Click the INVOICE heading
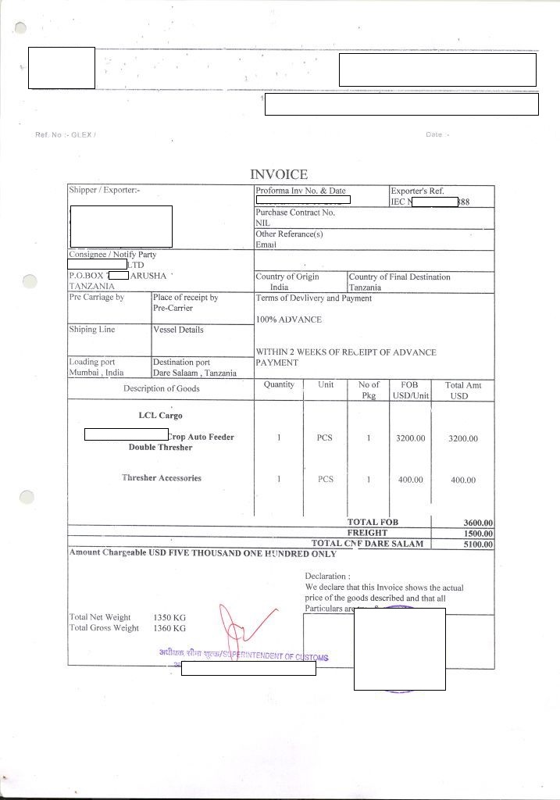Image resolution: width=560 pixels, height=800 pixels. pyautogui.click(x=279, y=174)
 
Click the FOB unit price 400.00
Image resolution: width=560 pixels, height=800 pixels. pyautogui.click(x=410, y=480)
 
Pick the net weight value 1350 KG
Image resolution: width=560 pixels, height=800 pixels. pyautogui.click(x=169, y=617)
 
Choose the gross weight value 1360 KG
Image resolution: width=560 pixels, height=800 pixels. pyautogui.click(x=169, y=628)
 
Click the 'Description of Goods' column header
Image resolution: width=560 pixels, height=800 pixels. pyautogui.click(x=161, y=388)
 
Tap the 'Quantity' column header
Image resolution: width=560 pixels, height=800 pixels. pyautogui.click(x=279, y=384)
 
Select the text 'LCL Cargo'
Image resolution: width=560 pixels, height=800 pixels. pyautogui.click(x=160, y=416)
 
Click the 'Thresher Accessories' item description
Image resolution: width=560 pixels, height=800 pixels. pyautogui.click(x=161, y=477)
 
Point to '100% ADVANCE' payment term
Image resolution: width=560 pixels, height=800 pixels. pyautogui.click(x=288, y=320)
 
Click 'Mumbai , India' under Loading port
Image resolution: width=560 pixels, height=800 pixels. pyautogui.click(x=96, y=373)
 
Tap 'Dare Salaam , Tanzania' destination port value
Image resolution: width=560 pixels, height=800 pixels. pyautogui.click(x=194, y=373)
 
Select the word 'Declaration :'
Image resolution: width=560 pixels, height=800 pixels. pyautogui.click(x=327, y=577)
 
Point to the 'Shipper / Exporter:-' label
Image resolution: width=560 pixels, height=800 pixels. pyautogui.click(x=105, y=191)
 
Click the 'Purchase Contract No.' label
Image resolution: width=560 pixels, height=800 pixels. pyautogui.click(x=294, y=212)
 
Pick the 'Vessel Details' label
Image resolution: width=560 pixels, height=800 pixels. pyautogui.click(x=178, y=330)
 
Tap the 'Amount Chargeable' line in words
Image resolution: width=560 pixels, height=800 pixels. pyautogui.click(x=203, y=553)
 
